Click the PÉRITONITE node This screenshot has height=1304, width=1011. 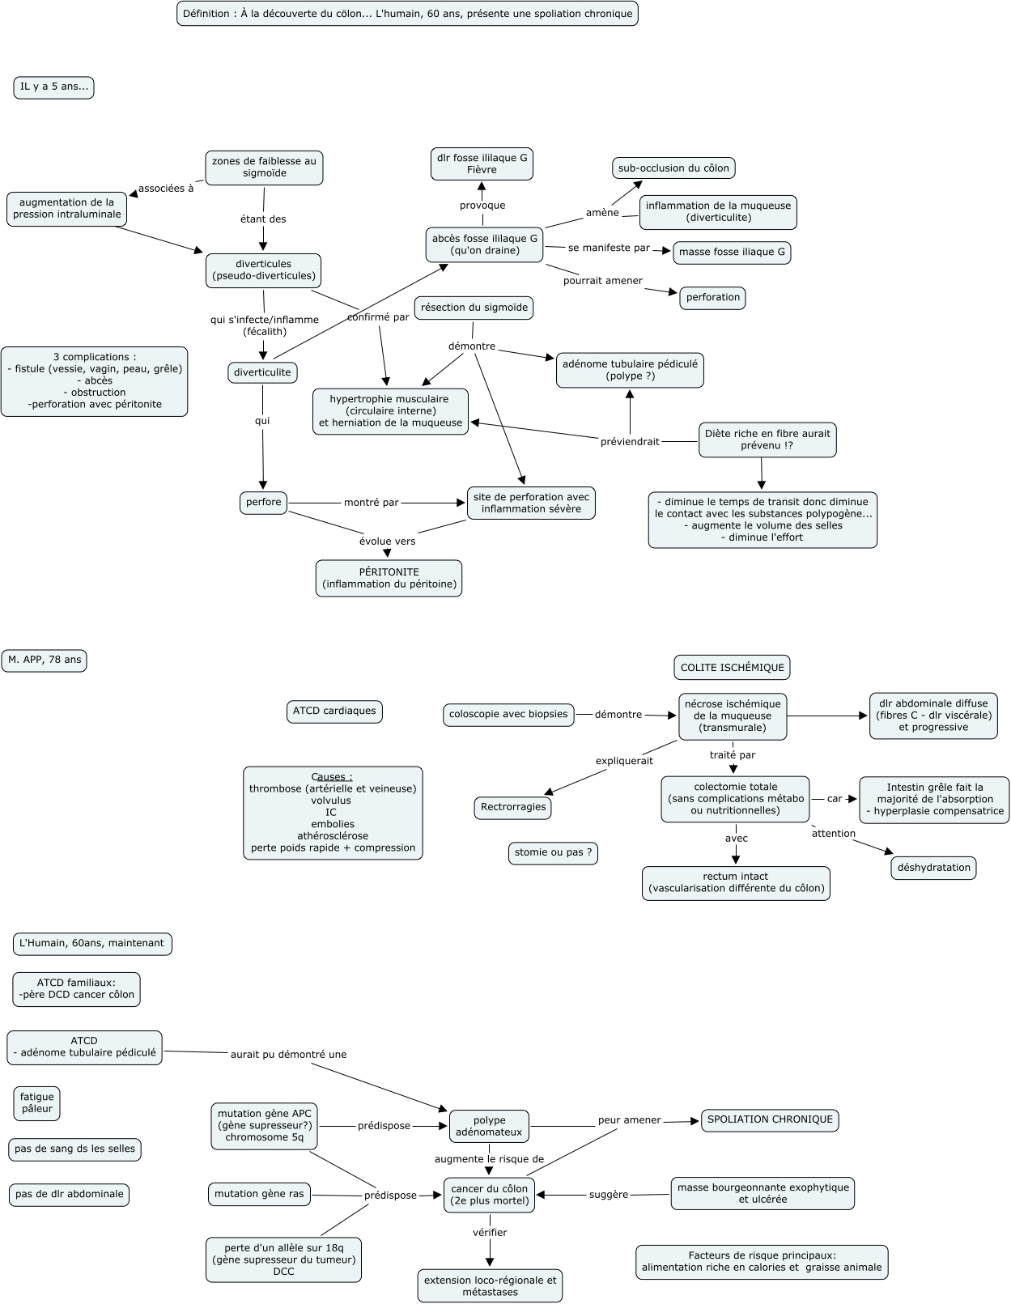[x=389, y=578]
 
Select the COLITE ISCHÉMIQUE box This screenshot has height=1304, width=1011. [x=732, y=668]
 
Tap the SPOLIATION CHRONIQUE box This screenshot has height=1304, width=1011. [x=770, y=1119]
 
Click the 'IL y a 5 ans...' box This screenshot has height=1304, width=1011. [x=53, y=87]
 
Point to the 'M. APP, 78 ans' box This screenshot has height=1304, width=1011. [x=45, y=660]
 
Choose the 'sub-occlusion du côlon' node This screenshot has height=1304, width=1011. [x=673, y=168]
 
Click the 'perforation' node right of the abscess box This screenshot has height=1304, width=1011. [x=712, y=297]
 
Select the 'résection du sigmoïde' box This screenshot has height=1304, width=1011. [x=474, y=308]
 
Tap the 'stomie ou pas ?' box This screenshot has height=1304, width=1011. [x=554, y=852]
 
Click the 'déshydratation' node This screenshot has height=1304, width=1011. [x=934, y=868]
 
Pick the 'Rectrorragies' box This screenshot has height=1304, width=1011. [x=513, y=807]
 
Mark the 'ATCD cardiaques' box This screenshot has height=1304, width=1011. [x=334, y=711]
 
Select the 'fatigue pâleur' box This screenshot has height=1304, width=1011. [x=37, y=1103]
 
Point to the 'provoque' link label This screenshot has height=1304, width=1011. [x=482, y=206]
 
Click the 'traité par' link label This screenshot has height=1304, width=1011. [x=733, y=755]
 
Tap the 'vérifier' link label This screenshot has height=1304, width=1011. [x=490, y=1233]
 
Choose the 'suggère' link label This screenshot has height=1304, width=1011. [x=609, y=1195]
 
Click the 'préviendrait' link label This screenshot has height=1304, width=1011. [x=630, y=442]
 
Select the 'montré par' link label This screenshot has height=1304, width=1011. [x=372, y=503]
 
